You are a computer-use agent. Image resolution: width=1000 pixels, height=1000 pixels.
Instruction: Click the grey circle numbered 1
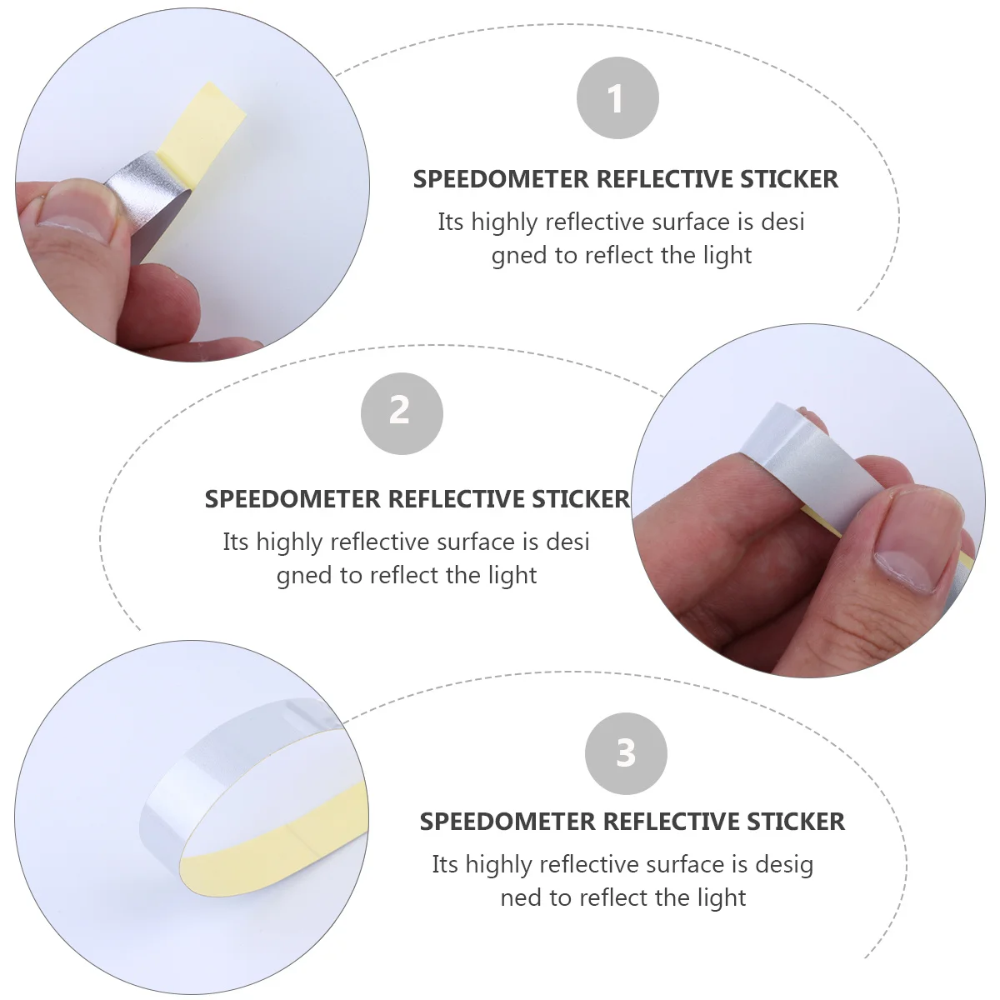pyautogui.click(x=617, y=99)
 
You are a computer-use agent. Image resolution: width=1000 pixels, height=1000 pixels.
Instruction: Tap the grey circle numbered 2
pyautogui.click(x=401, y=412)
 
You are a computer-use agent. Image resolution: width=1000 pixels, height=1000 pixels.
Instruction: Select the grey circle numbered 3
pyautogui.click(x=626, y=753)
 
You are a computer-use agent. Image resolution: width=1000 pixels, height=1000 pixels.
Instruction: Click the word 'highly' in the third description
pyautogui.click(x=500, y=866)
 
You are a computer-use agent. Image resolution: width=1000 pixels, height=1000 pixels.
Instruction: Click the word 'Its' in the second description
pyautogui.click(x=235, y=542)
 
